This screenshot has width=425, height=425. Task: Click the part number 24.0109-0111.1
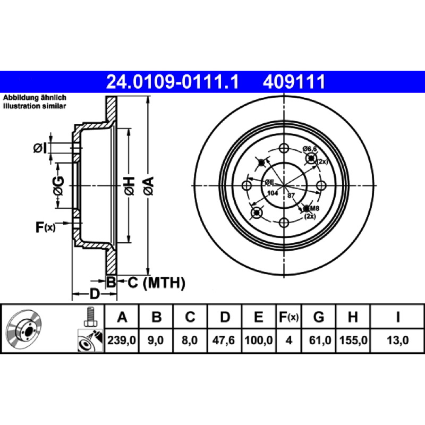(172, 82)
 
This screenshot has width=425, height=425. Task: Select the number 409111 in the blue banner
(294, 82)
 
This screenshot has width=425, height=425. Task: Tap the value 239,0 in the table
(122, 340)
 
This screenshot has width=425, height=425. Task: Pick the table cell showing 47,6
(224, 340)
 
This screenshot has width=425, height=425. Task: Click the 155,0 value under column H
(353, 340)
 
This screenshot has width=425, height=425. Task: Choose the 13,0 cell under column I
(397, 340)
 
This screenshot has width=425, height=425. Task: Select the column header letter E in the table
(258, 317)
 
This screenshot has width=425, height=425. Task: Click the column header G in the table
(319, 317)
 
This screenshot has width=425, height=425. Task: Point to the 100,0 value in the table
(259, 340)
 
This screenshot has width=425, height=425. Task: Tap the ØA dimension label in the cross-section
(149, 185)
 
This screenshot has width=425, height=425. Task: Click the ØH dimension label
(130, 185)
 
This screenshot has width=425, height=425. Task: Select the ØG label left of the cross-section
(58, 186)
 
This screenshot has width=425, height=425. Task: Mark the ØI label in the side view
(40, 148)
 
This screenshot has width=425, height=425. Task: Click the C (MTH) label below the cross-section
(156, 283)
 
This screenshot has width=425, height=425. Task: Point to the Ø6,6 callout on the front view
(310, 149)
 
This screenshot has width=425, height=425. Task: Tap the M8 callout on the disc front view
(314, 208)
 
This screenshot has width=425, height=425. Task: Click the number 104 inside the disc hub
(273, 193)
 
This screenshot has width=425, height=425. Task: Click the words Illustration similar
(35, 106)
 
